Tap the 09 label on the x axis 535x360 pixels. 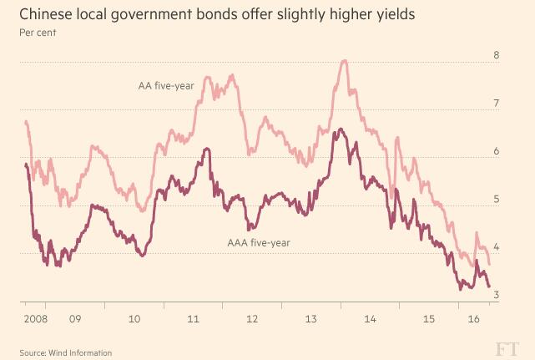74,319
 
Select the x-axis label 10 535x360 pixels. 134,319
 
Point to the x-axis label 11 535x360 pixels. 193,319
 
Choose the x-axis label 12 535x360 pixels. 252,319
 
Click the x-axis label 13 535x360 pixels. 311,319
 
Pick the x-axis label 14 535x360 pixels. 371,319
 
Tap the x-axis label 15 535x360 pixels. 430,319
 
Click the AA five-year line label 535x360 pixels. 166,85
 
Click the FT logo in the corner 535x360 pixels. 507,347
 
